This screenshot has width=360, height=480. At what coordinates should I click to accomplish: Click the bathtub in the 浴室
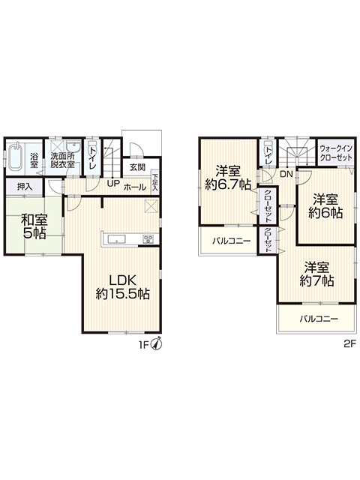pos(15,157)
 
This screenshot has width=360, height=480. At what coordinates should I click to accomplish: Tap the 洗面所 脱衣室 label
pos(63,160)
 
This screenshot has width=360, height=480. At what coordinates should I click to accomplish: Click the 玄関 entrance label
pos(137,167)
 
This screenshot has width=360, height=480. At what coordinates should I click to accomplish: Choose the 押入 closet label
pos(25,187)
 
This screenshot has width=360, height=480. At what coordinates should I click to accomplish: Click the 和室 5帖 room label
pos(34,226)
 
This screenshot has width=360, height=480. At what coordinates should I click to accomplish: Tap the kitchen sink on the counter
pos(117,239)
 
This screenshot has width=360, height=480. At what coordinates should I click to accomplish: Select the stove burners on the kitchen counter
pos(149,239)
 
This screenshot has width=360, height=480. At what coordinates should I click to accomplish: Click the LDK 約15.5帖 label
pos(123,286)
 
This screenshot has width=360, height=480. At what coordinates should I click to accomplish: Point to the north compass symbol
pos(157,344)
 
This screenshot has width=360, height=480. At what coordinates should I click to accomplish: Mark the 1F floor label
pos(144,345)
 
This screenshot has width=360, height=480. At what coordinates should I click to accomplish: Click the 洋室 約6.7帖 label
pos(228,177)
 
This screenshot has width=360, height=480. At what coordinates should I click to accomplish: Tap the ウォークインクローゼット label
pos(336,153)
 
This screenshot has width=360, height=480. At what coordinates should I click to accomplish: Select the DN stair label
pos(286,175)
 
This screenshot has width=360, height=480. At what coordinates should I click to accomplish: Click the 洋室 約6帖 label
pos(325,205)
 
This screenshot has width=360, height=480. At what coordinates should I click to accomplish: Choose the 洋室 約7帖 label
pos(316,274)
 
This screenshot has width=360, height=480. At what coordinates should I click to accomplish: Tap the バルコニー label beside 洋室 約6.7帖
pos(232,241)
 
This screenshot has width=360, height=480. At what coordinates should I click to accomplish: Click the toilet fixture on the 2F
pos(268,145)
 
